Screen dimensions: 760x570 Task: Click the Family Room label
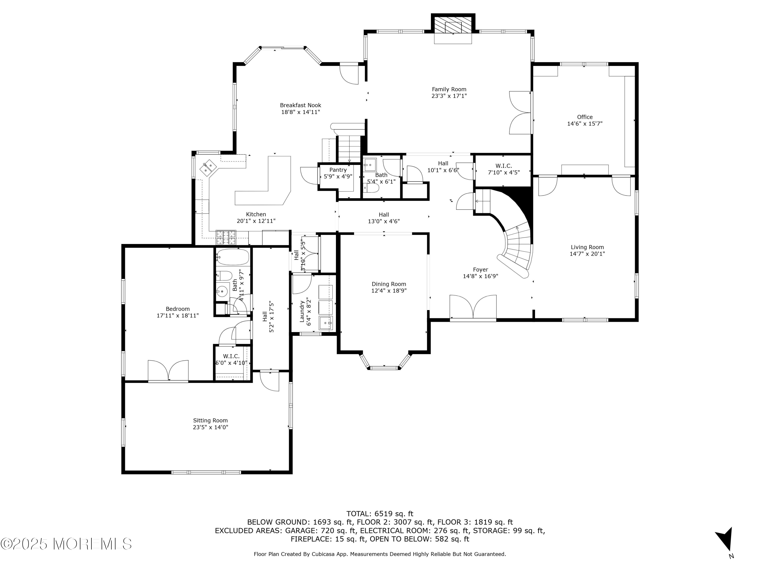coord(449,89)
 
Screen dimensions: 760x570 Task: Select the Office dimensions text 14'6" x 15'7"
coord(585,124)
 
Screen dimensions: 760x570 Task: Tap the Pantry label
coord(338,170)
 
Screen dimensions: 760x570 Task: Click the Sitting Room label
coord(210,421)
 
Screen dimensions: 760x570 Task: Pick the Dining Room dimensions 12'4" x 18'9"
coord(389,291)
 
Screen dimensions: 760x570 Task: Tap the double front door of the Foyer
coord(473,308)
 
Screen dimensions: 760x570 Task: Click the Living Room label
coord(587,247)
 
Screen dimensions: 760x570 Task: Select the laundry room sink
coord(326,323)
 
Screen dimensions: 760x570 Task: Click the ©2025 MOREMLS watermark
coord(66,544)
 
